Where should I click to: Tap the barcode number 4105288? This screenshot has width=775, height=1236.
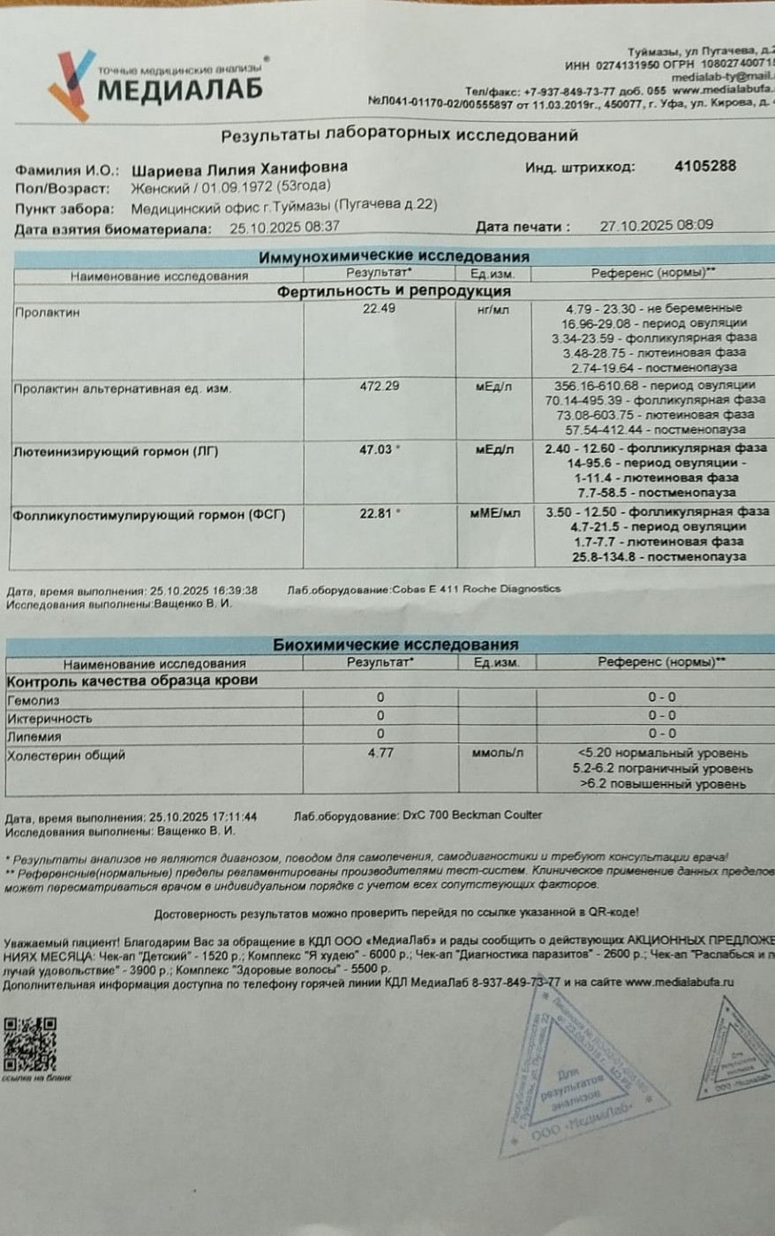click(704, 166)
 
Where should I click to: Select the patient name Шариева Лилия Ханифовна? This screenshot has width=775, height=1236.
click(239, 168)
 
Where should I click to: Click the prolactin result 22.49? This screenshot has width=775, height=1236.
click(379, 309)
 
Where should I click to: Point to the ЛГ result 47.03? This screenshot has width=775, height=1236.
click(375, 449)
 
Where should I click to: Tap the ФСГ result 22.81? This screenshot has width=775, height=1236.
click(375, 513)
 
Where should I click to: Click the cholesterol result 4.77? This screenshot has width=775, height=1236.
click(380, 753)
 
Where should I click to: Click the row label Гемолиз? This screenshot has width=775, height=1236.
click(34, 700)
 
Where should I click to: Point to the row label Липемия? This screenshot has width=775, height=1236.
click(34, 736)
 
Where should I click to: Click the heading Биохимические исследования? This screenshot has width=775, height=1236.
click(395, 644)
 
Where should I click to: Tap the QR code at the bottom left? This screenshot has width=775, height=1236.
click(30, 1044)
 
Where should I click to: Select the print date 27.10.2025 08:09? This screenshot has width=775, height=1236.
click(657, 225)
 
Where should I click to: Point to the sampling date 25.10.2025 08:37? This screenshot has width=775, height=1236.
click(284, 227)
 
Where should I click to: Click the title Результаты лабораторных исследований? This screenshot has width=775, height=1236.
click(399, 135)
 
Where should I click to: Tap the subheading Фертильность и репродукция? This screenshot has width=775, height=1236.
click(394, 290)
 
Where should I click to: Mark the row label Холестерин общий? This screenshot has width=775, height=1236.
click(66, 756)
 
